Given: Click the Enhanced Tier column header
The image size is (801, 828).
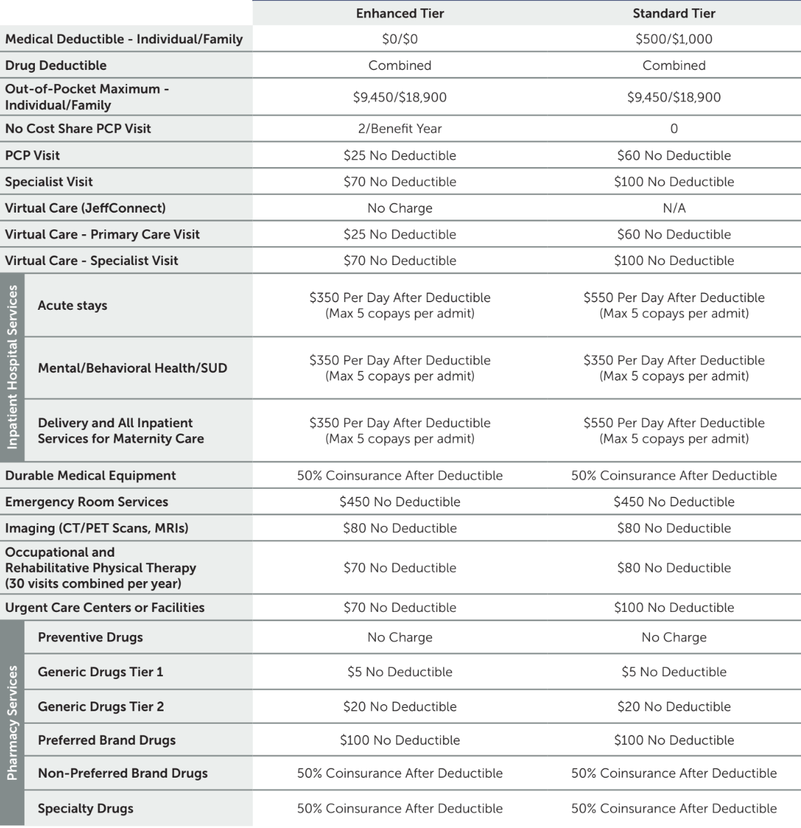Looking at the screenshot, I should pos(400,13).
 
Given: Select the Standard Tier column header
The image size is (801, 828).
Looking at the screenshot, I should pos(674,13).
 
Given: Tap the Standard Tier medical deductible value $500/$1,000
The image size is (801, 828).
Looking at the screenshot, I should pos(674,39).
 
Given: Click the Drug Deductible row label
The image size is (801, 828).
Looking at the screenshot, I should pos(56,66).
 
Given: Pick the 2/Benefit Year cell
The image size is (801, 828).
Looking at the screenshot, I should pos(400,129).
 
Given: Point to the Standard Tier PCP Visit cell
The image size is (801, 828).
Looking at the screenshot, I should pos(674,155).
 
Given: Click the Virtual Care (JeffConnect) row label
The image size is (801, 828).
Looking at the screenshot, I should pos(85,208).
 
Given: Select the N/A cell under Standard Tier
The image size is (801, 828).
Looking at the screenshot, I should pos(674,208).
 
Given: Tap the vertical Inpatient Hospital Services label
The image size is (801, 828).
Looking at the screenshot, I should pos(13,367).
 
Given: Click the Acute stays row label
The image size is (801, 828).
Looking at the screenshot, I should pos(73,306).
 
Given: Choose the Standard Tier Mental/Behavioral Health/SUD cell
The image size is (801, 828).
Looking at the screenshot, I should pos(674,368).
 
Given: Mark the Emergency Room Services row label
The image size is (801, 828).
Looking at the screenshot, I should pos(87,502).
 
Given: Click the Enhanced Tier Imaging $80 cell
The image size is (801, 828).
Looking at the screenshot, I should pos(400,528).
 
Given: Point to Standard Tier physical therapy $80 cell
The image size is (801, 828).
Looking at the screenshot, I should pos(674,568).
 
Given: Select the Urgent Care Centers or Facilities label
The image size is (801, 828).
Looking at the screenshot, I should pos(105,608).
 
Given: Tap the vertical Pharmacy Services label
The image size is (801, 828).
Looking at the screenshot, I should pos(13,722).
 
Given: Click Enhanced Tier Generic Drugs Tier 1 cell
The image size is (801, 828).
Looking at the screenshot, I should pos(400,672).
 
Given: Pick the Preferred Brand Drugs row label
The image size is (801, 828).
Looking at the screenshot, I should pos(107,740).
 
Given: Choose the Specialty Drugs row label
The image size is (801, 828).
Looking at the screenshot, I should pos(85,808).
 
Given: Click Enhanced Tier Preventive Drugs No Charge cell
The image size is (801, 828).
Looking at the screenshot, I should pos(400,638).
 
